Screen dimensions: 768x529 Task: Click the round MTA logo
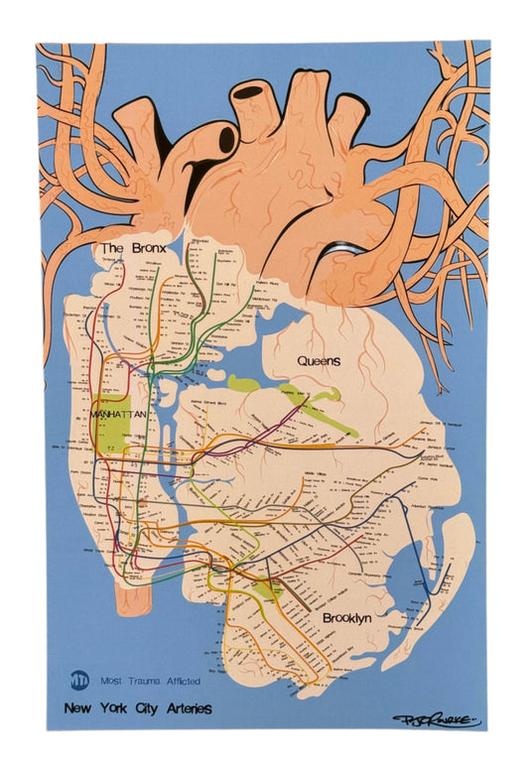(79, 681)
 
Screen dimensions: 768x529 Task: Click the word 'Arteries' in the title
(186, 708)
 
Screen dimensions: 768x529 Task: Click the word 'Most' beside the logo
(112, 682)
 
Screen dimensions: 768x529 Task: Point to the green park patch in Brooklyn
(265, 592)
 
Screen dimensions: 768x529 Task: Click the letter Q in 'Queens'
(293, 361)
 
